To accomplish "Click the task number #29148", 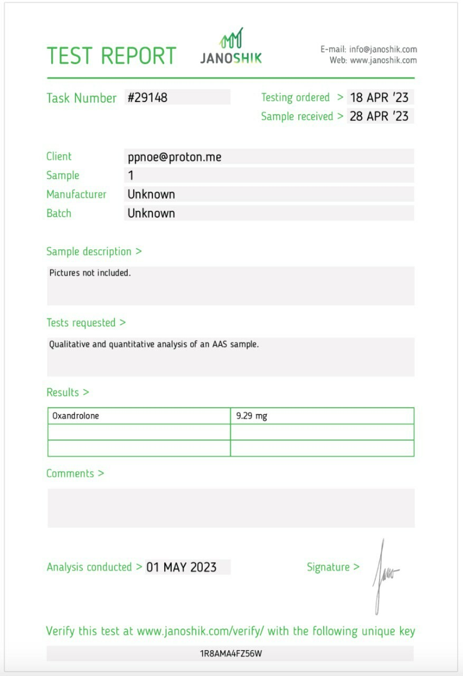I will tap(147, 98).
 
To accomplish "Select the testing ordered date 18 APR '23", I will tap(379, 98).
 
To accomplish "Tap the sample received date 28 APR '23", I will tap(379, 116).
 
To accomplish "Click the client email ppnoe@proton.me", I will tap(174, 157).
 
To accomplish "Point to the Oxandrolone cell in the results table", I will tap(75, 416).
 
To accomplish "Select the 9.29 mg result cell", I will tap(251, 416).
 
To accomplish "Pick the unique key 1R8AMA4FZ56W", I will tap(231, 654).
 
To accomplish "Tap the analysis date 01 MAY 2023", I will tap(182, 567).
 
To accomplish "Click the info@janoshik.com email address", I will tap(383, 50).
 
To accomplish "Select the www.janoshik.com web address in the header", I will tap(383, 60).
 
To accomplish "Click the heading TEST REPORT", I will tap(111, 56).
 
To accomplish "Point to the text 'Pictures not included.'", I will tap(90, 273).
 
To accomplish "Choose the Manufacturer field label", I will tap(77, 194).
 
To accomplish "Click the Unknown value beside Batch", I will tap(152, 213).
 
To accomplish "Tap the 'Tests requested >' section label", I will tap(86, 323).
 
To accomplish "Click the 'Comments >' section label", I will tap(75, 474).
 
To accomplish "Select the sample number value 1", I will tap(131, 175).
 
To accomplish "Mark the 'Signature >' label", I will tap(333, 567).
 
